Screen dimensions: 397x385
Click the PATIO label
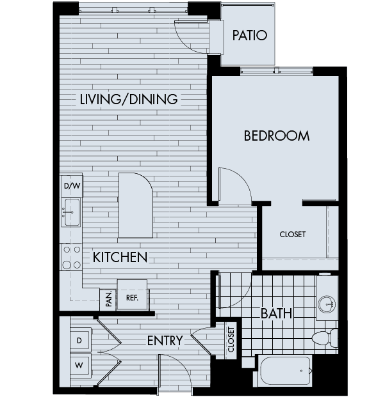249,35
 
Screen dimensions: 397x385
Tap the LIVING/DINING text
129,99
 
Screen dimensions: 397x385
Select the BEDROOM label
276,136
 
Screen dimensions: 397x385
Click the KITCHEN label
120,257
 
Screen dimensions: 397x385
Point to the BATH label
276,313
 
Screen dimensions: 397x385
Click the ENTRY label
165,341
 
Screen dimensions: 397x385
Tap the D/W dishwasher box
72,186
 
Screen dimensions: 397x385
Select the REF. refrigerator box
132,297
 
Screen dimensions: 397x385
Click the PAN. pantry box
108,299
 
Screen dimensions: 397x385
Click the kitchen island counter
135,205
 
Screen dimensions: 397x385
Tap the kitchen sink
70,212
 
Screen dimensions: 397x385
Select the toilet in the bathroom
322,338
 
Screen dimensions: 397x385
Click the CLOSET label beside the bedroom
292,234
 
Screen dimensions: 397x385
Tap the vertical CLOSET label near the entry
231,339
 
